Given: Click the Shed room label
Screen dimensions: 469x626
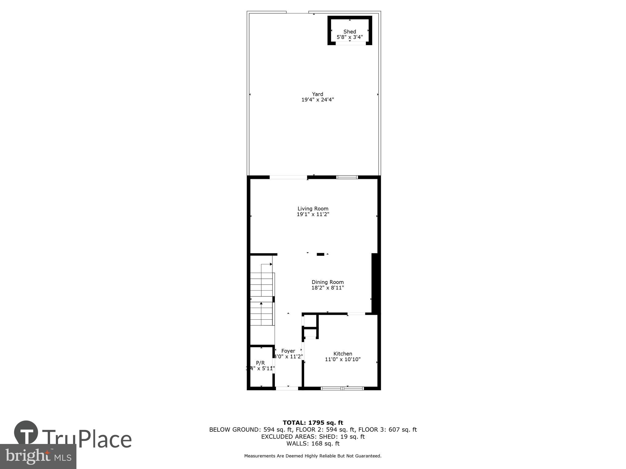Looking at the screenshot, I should [349, 31].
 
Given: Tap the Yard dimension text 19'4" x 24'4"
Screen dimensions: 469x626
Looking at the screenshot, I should [318, 100].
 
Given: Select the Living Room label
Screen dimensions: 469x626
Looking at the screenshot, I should [313, 209].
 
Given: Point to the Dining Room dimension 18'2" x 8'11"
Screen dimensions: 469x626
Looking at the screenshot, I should [327, 288].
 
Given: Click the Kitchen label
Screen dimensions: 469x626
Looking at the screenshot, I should [343, 354].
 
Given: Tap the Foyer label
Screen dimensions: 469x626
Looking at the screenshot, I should [288, 351].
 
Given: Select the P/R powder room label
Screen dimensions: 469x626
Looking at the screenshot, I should [260, 363].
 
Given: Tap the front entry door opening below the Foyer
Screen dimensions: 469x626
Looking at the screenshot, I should [287, 388].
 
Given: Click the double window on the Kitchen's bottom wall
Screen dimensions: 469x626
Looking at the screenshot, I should [342, 388].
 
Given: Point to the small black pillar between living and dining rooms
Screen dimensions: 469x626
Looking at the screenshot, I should [320, 254].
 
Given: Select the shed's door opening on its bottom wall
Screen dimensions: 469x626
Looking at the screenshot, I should [350, 43].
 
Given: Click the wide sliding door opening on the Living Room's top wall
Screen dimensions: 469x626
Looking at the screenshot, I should [288, 177].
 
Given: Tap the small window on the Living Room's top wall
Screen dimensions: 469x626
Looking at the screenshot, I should [347, 177].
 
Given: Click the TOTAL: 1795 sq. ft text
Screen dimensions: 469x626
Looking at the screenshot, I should [313, 423].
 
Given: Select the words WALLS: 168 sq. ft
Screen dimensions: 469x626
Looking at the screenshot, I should [313, 443].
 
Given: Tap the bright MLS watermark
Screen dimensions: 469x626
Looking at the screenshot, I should [38, 456].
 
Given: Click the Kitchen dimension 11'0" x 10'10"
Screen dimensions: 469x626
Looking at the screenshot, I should [343, 359].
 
